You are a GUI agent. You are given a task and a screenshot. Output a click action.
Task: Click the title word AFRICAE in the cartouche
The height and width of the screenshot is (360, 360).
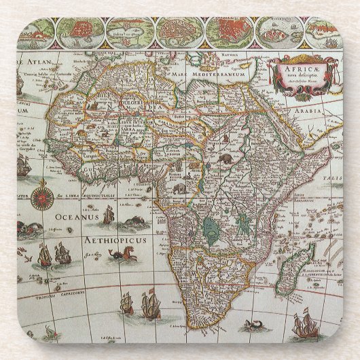(x=294, y=69)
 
